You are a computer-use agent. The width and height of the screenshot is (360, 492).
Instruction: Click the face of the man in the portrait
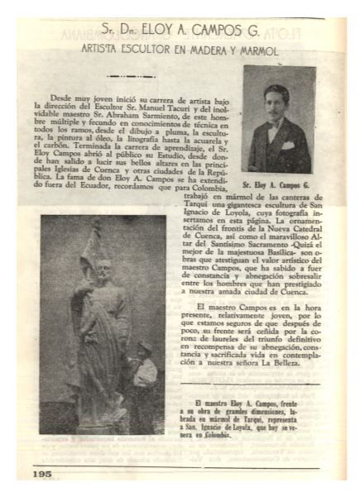coord(276,102)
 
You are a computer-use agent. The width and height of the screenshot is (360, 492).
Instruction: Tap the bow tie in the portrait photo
coord(275,123)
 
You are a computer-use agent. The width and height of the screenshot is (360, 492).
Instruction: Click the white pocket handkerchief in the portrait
coord(288,146)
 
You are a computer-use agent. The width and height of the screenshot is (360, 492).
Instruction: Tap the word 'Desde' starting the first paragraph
coord(60,98)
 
